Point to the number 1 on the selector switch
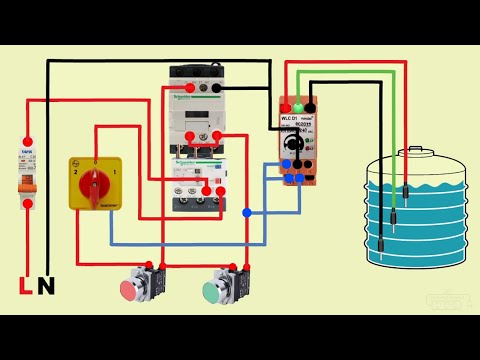coord(117,171)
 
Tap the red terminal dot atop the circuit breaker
coord(28,141)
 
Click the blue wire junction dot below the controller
coord(245,212)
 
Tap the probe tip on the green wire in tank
coord(408,190)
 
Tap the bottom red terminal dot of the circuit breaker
coord(28,203)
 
